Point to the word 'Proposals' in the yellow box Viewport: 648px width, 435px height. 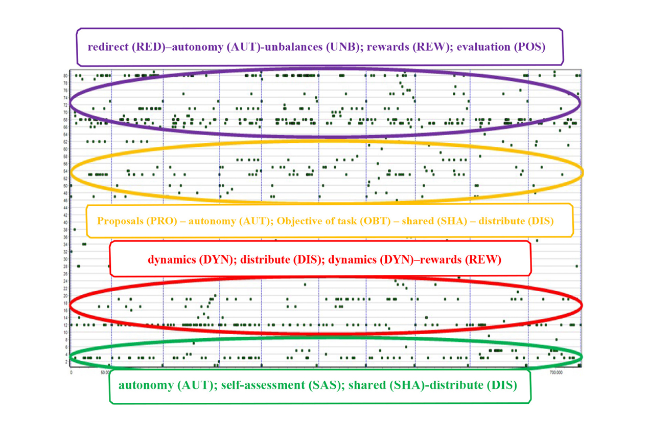coord(120,221)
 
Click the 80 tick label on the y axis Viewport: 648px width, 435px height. coord(66,75)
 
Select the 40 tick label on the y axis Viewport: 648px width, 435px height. coord(66,222)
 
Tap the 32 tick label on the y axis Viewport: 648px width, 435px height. coord(66,251)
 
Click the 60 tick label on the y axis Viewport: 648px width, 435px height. coord(66,149)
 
